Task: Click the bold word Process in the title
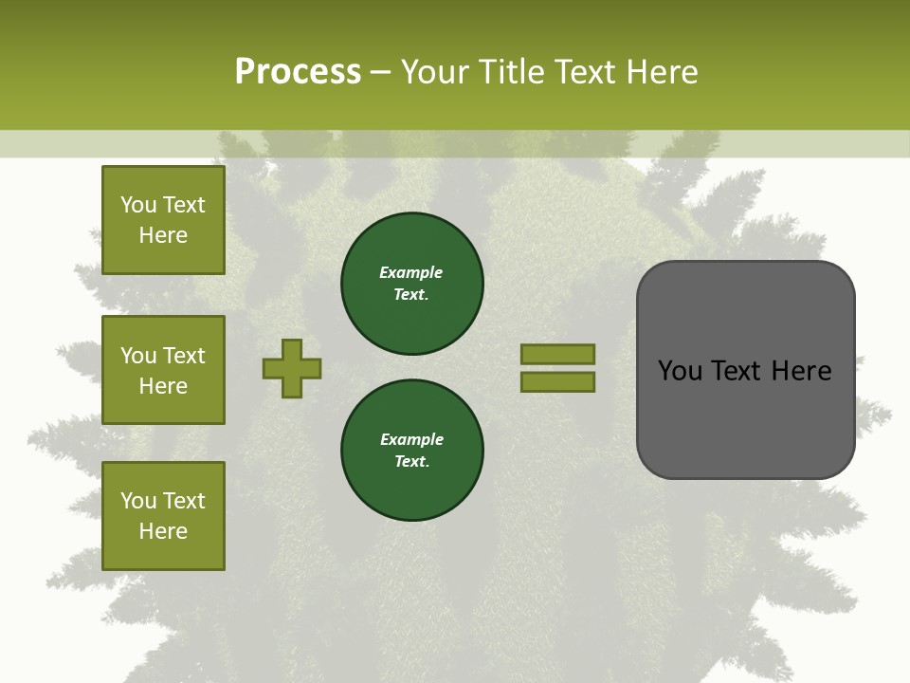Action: click(x=298, y=71)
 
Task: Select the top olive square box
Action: click(x=163, y=220)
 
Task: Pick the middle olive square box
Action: click(x=163, y=370)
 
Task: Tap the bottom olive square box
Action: click(x=163, y=516)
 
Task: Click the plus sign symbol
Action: click(x=292, y=368)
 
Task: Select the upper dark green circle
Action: click(x=411, y=283)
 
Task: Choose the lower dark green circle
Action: click(x=411, y=450)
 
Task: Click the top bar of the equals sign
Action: click(x=557, y=355)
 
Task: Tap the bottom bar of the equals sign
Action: click(x=557, y=382)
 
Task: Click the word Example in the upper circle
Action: click(x=411, y=272)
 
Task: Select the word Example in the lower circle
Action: click(x=411, y=439)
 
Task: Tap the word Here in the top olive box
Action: click(x=163, y=235)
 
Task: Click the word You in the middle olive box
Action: click(x=137, y=356)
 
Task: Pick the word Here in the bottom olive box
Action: click(x=163, y=531)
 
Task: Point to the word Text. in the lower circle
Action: click(x=411, y=461)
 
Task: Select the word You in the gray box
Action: click(x=680, y=370)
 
